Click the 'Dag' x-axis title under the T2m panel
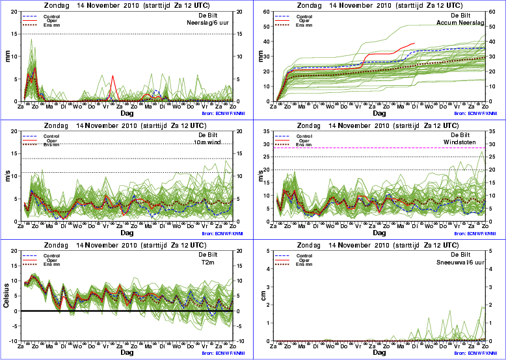127,352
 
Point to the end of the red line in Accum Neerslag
415,44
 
